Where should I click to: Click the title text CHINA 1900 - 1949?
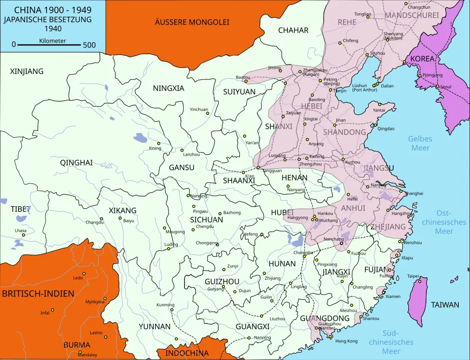pyautogui.click(x=52, y=10)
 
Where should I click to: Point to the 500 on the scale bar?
pyautogui.click(x=89, y=45)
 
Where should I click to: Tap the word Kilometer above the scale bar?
pyautogui.click(x=52, y=41)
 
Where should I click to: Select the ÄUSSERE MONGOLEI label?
pyautogui.click(x=192, y=22)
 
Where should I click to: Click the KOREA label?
pyautogui.click(x=422, y=58)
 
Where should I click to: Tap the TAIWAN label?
pyautogui.click(x=445, y=305)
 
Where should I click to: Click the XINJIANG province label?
pyautogui.click(x=26, y=71)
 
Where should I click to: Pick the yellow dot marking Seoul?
pyautogui.click(x=437, y=87)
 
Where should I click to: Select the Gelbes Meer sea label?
pyautogui.click(x=420, y=143)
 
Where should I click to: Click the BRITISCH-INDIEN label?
pyautogui.click(x=38, y=294)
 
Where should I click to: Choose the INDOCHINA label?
pyautogui.click(x=187, y=353)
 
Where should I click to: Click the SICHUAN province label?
pyautogui.click(x=206, y=220)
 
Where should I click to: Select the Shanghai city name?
pyautogui.click(x=414, y=194)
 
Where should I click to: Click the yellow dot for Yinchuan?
pyautogui.click(x=208, y=113)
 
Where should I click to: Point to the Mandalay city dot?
pyautogui.click(x=79, y=352)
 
